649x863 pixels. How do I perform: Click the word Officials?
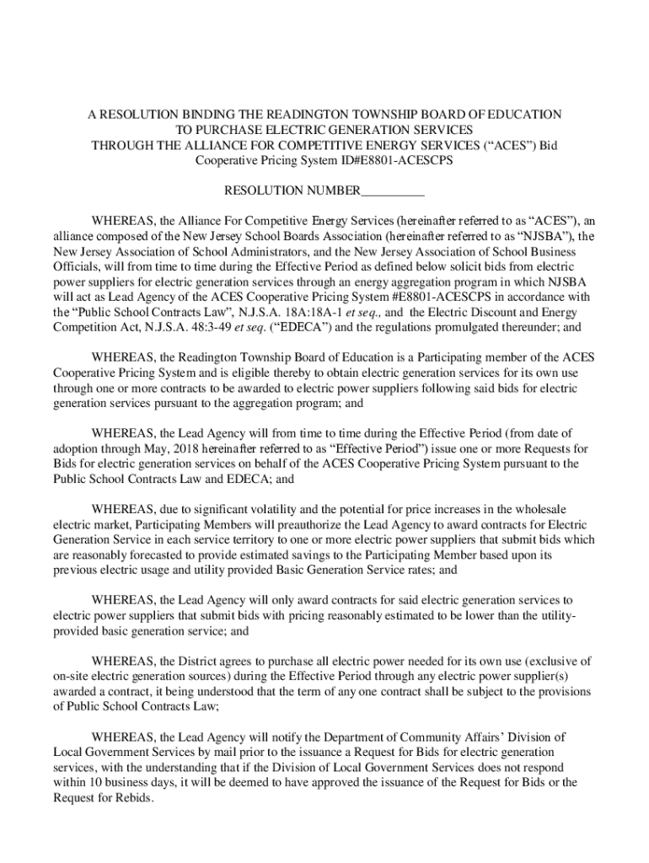tap(78, 267)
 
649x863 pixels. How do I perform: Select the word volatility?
tap(268, 509)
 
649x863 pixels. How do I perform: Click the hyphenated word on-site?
tap(73, 676)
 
